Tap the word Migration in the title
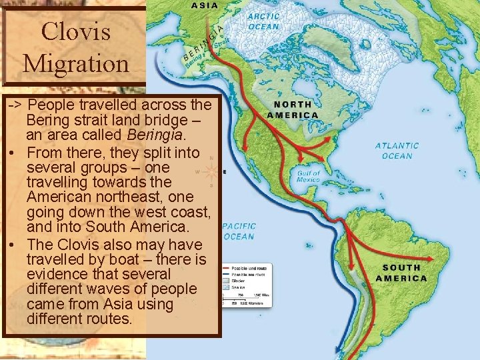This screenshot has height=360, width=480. [75, 63]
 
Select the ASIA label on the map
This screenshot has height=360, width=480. [204, 5]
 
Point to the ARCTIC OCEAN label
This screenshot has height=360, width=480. [264, 22]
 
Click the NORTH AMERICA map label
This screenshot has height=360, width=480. [292, 109]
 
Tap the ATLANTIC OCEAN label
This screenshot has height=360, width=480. [397, 150]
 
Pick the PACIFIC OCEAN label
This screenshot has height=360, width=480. [239, 231]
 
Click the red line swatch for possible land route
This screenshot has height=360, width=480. [227, 266]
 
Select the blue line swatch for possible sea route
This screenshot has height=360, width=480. [227, 273]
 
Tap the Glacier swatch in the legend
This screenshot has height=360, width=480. [227, 281]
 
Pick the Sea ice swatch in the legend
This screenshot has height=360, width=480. [227, 288]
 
